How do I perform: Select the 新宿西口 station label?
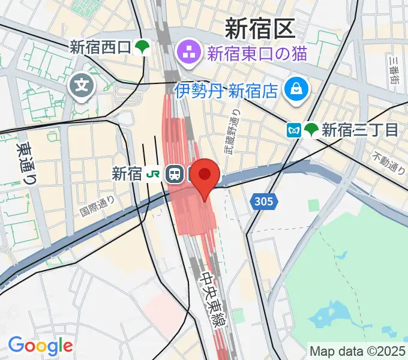pos(100,47)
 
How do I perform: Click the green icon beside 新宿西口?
pos(143,47)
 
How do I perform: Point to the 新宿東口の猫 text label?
pos(257,54)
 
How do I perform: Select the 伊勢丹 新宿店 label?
pos(226,91)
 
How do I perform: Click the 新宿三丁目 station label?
pos(359,130)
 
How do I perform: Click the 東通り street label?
pos(26,161)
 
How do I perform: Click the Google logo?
pos(40,346)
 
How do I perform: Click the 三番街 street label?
pos(394,70)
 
